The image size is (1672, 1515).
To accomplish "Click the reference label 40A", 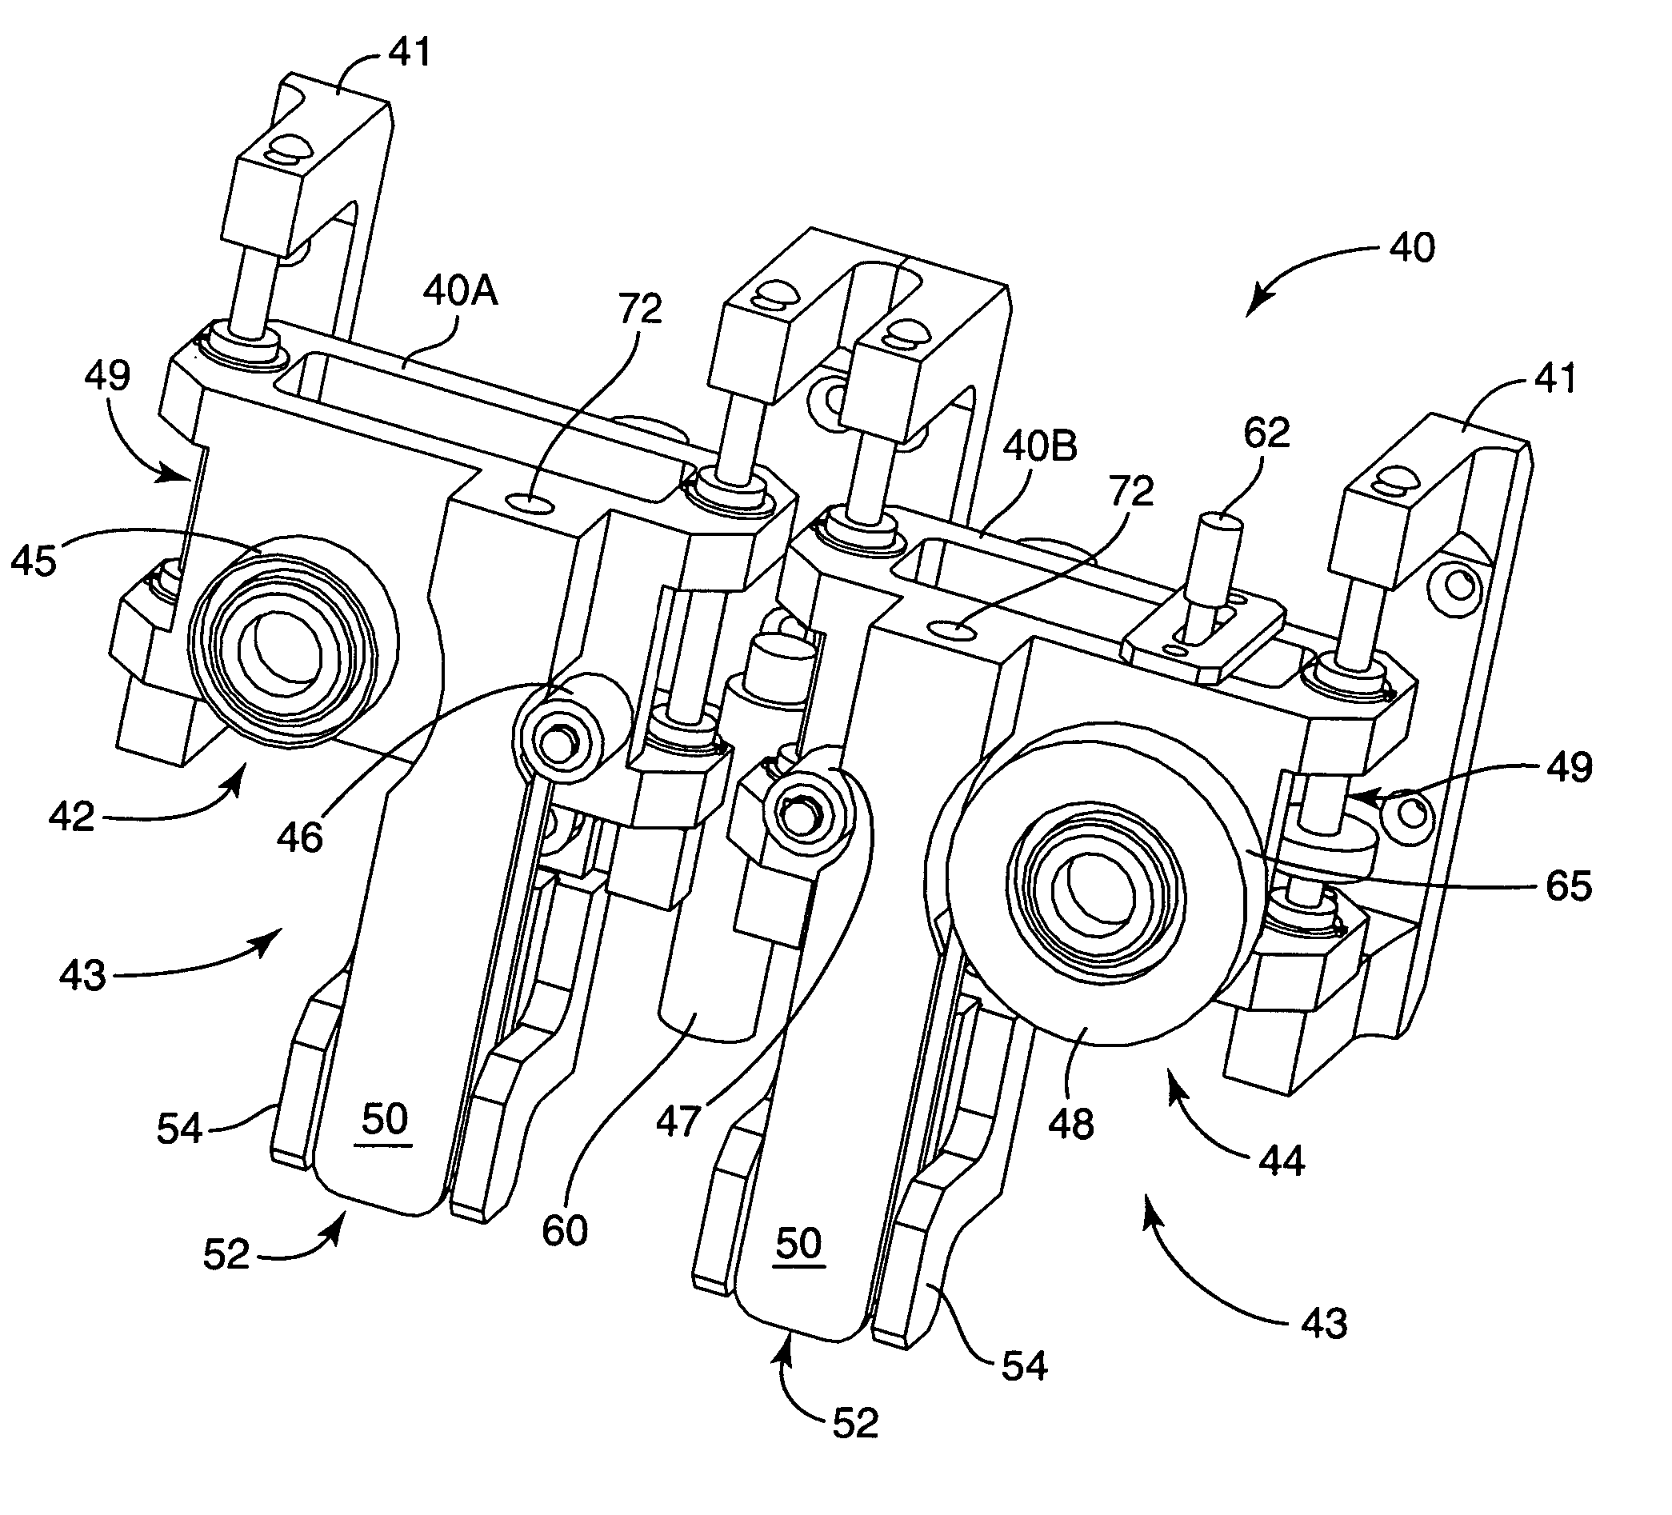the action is (460, 292).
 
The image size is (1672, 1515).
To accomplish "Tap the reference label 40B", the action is (1040, 448).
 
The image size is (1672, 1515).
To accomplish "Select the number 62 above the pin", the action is (1267, 433).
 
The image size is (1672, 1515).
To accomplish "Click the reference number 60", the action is (566, 1230).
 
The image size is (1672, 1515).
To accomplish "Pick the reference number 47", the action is (679, 1122).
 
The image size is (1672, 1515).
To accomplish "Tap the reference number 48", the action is (1071, 1125).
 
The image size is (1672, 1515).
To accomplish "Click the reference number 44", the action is (1282, 1161).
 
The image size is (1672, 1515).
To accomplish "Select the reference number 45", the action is (34, 561).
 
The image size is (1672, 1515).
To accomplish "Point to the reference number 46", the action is (300, 837).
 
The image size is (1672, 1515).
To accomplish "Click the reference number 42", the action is (72, 817).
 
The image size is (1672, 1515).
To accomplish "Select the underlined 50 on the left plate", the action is (385, 1120).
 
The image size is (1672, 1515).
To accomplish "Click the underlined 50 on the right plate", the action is (798, 1244).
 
